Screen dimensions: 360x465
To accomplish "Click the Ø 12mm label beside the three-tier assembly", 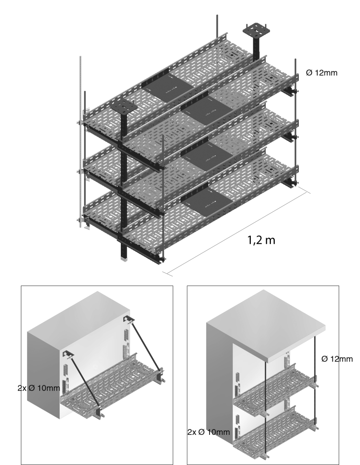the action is pyautogui.click(x=322, y=73).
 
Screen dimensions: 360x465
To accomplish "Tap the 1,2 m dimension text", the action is pyautogui.click(x=261, y=240).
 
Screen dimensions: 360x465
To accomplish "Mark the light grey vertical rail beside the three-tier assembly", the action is pyautogui.click(x=81, y=142).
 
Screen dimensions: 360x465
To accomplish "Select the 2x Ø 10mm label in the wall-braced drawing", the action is pyautogui.click(x=39, y=388).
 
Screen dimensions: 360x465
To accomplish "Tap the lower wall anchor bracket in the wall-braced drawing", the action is pyautogui.click(x=68, y=354).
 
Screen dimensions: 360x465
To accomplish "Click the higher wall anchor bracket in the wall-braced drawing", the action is pyautogui.click(x=129, y=319).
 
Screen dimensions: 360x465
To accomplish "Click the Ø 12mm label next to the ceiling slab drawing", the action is pyautogui.click(x=337, y=359).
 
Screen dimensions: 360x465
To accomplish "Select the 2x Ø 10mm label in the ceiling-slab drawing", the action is pyautogui.click(x=209, y=432).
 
